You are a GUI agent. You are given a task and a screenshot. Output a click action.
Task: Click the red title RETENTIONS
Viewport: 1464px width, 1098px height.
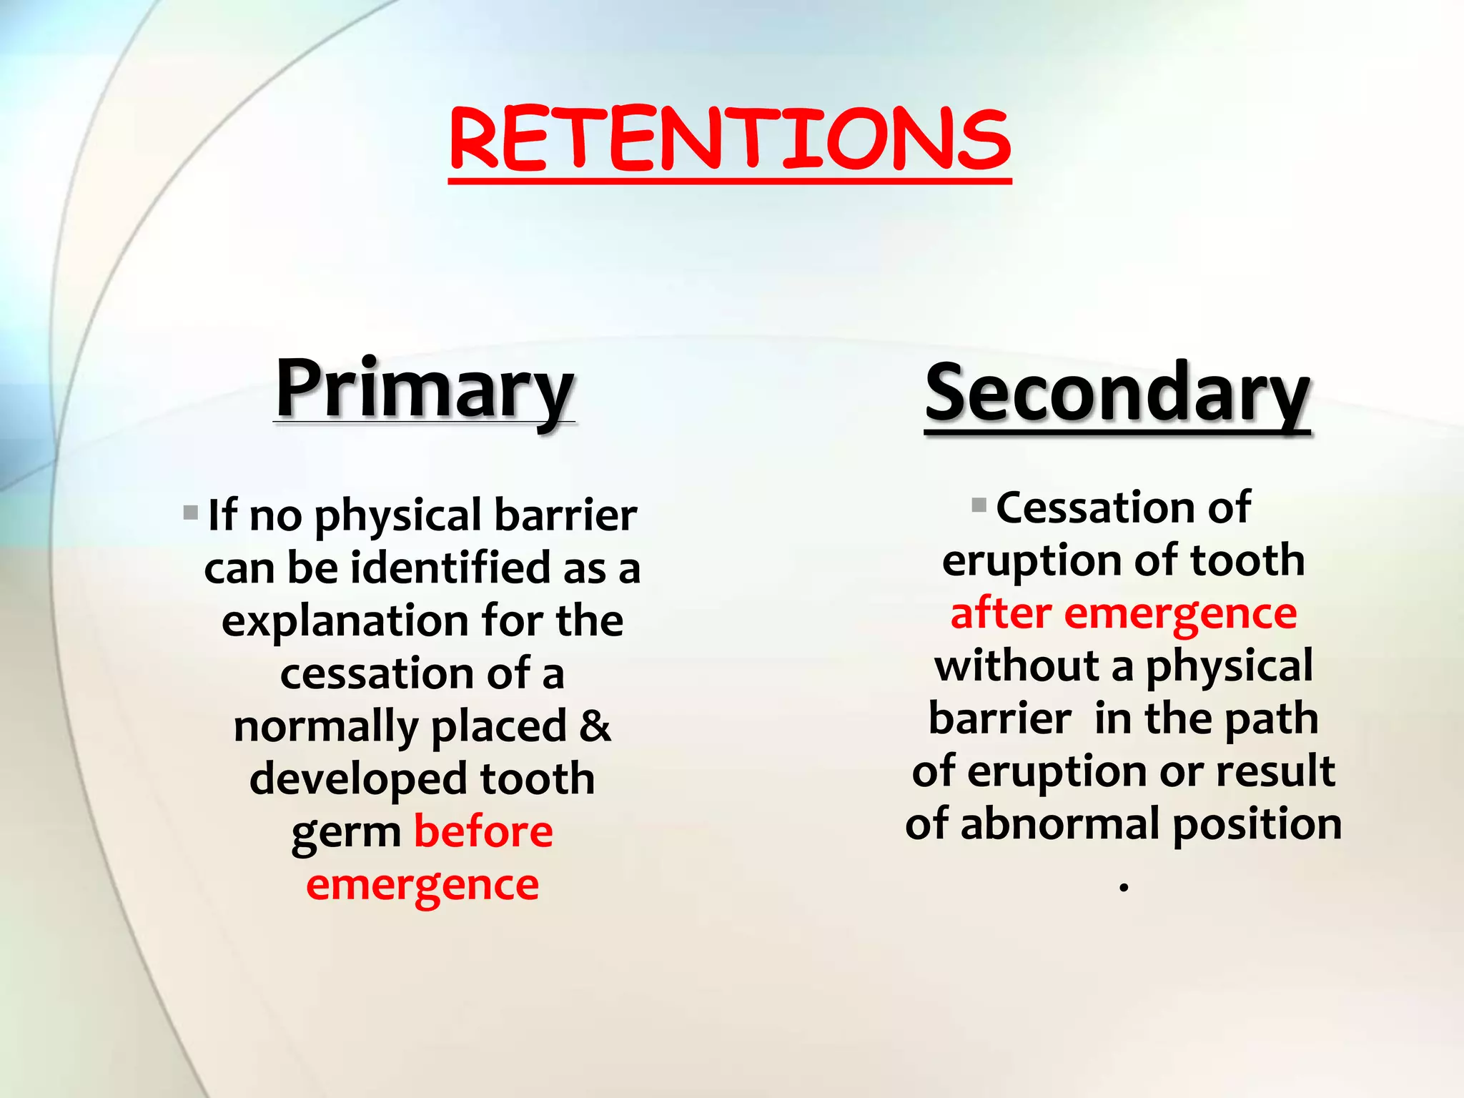point(729,139)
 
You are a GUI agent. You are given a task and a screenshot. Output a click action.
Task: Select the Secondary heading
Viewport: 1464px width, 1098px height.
point(1117,393)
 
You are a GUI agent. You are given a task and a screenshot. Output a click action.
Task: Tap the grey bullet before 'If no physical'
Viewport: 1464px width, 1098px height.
point(190,513)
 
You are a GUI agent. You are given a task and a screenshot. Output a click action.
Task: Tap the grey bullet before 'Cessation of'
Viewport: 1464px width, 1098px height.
point(979,505)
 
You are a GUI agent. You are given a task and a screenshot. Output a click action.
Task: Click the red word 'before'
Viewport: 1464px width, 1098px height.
point(483,831)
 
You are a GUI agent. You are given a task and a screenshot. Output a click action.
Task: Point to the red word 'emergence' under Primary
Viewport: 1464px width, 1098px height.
point(422,885)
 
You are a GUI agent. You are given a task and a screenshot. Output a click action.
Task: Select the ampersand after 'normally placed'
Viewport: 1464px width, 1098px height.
point(595,726)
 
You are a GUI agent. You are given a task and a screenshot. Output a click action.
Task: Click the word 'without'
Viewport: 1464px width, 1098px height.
point(1016,666)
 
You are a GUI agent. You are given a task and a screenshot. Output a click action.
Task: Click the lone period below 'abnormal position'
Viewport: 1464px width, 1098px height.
point(1124,888)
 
